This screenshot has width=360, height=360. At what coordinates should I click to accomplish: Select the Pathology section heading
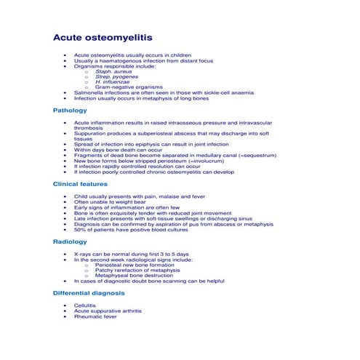tap(70, 111)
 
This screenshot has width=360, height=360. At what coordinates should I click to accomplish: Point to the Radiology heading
tap(70, 241)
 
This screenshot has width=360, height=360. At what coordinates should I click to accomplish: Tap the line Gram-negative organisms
tap(124, 87)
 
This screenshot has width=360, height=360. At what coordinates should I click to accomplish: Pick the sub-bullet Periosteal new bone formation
tap(135, 265)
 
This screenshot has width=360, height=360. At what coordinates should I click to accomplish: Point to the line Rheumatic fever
tap(95, 317)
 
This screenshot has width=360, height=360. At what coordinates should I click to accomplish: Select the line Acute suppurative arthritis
tap(108, 311)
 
